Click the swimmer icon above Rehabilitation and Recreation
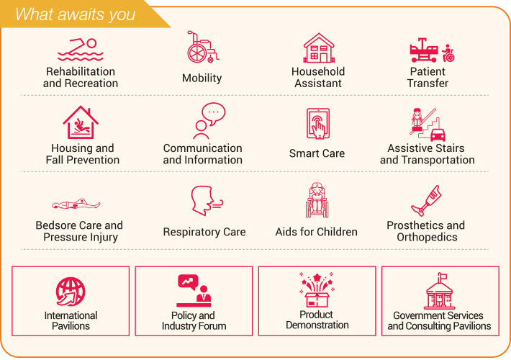[81, 50]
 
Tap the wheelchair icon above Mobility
[203, 47]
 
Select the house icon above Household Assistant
[319, 48]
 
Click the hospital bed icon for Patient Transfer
[424, 50]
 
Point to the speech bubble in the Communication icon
[214, 113]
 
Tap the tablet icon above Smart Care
[318, 124]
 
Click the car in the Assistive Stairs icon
[438, 135]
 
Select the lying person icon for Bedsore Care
[76, 204]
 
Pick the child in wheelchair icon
[317, 200]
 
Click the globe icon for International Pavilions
[71, 292]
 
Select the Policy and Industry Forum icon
[194, 291]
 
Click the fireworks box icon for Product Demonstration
[317, 289]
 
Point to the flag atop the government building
[442, 277]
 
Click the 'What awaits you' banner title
[76, 14]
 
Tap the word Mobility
[202, 78]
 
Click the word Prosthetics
[415, 225]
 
